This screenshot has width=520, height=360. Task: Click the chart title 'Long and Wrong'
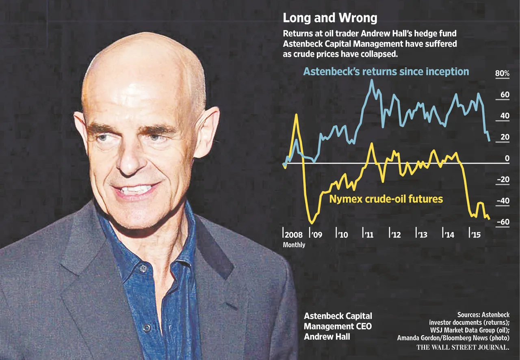click(x=329, y=18)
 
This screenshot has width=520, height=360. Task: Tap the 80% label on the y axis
click(x=502, y=74)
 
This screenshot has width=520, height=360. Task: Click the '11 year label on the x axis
click(x=369, y=235)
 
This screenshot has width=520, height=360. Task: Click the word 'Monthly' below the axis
click(x=294, y=245)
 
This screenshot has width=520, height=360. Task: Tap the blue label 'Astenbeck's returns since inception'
click(x=386, y=72)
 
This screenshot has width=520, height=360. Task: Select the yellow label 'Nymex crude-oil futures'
click(x=386, y=199)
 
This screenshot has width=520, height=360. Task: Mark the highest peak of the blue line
click(x=372, y=80)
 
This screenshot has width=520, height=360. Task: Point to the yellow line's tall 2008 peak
click(x=296, y=114)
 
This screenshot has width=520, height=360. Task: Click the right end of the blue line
click(x=489, y=140)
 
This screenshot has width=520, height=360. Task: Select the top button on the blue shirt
click(x=142, y=268)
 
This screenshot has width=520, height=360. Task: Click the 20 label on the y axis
click(x=504, y=137)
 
